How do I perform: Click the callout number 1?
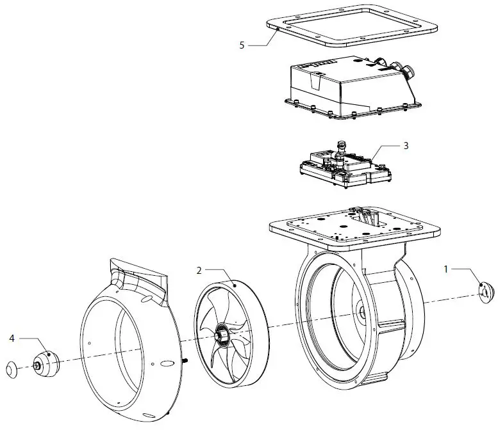[x=447, y=269]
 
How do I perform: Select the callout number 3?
[x=405, y=145]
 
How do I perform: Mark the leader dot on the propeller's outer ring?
[x=235, y=284]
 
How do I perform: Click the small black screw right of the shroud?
[x=185, y=360]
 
